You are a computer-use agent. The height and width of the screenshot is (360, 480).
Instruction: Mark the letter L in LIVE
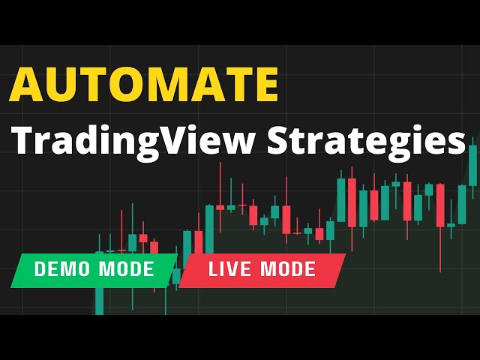click(213, 269)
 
